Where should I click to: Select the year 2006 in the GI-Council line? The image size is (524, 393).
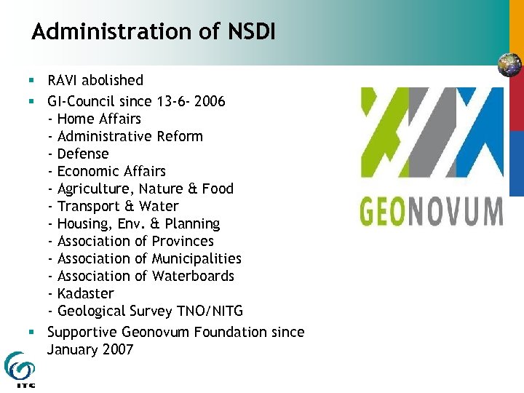209,101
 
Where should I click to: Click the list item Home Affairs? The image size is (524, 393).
99,119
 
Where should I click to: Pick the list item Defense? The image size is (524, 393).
82,154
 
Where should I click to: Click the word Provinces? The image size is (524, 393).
183,241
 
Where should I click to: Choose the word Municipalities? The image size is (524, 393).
196,258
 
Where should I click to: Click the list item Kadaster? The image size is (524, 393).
85,293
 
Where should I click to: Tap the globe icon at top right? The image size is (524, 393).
509,65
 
